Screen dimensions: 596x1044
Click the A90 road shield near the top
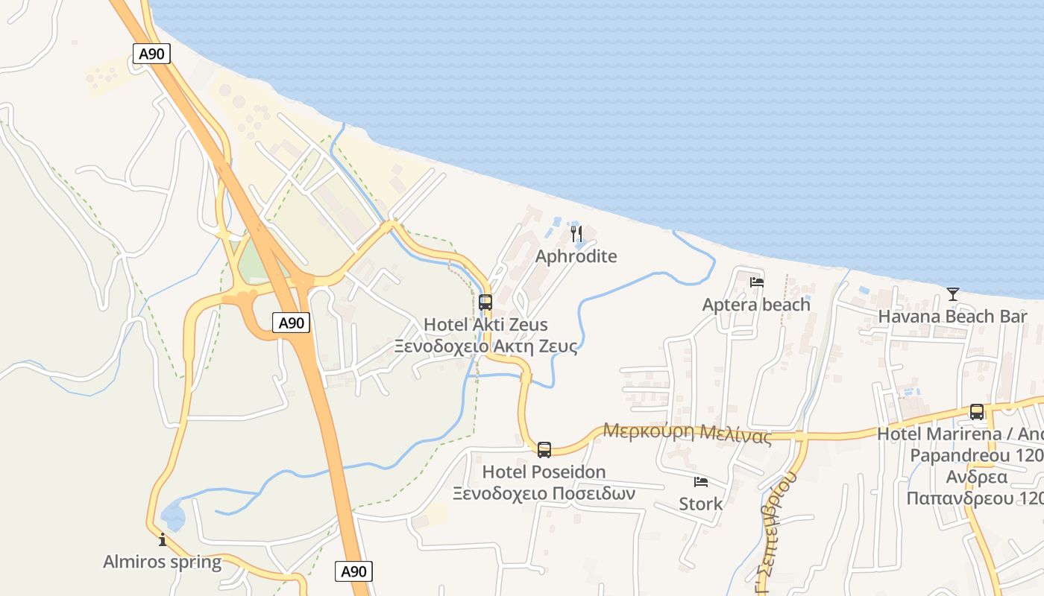(151, 54)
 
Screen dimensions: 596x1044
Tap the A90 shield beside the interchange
(291, 323)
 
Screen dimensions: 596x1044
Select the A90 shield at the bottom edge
(353, 571)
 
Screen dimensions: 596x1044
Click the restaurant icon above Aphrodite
(576, 235)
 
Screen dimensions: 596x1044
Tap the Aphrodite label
(576, 256)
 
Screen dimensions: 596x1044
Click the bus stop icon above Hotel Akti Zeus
(485, 302)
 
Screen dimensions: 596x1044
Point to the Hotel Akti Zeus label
(485, 325)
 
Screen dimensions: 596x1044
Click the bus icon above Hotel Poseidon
(544, 449)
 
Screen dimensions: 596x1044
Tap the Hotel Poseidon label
(544, 472)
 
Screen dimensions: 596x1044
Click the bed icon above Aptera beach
(757, 282)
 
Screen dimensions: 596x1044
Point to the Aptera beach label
(756, 305)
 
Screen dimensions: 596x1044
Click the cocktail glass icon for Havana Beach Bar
(952, 294)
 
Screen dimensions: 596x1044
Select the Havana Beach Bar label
(952, 316)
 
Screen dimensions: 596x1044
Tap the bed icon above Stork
(700, 482)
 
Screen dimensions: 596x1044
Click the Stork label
(700, 504)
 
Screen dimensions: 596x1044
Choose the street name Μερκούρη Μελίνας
(687, 432)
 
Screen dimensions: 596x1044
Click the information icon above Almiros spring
(163, 539)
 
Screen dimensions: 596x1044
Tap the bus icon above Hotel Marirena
(977, 411)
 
